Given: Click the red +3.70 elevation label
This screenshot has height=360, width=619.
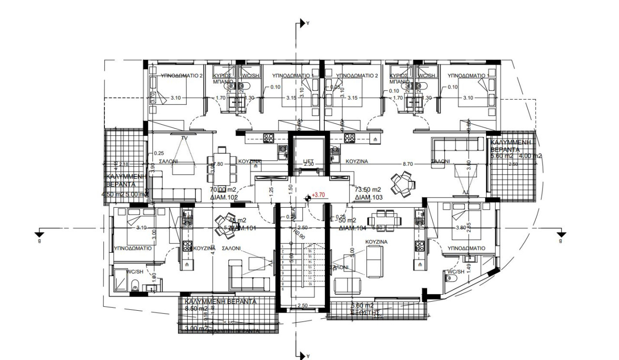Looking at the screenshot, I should click(x=318, y=194).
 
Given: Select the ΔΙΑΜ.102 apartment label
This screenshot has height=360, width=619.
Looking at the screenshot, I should click(x=223, y=197).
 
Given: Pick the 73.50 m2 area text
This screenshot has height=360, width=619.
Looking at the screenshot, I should click(x=368, y=189).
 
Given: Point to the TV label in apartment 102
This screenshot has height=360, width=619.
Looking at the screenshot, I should click(x=184, y=138).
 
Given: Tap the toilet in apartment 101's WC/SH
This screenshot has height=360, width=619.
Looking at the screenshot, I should click(x=135, y=285).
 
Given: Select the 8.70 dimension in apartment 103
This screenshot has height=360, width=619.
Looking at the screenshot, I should click(x=408, y=164).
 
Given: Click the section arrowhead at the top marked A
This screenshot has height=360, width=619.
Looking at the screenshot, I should click(x=303, y=22).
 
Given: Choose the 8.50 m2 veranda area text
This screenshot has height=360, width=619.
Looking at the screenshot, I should click(x=196, y=308).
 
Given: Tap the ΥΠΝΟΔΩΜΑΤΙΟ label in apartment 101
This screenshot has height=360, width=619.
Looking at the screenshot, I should click(x=133, y=248).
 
